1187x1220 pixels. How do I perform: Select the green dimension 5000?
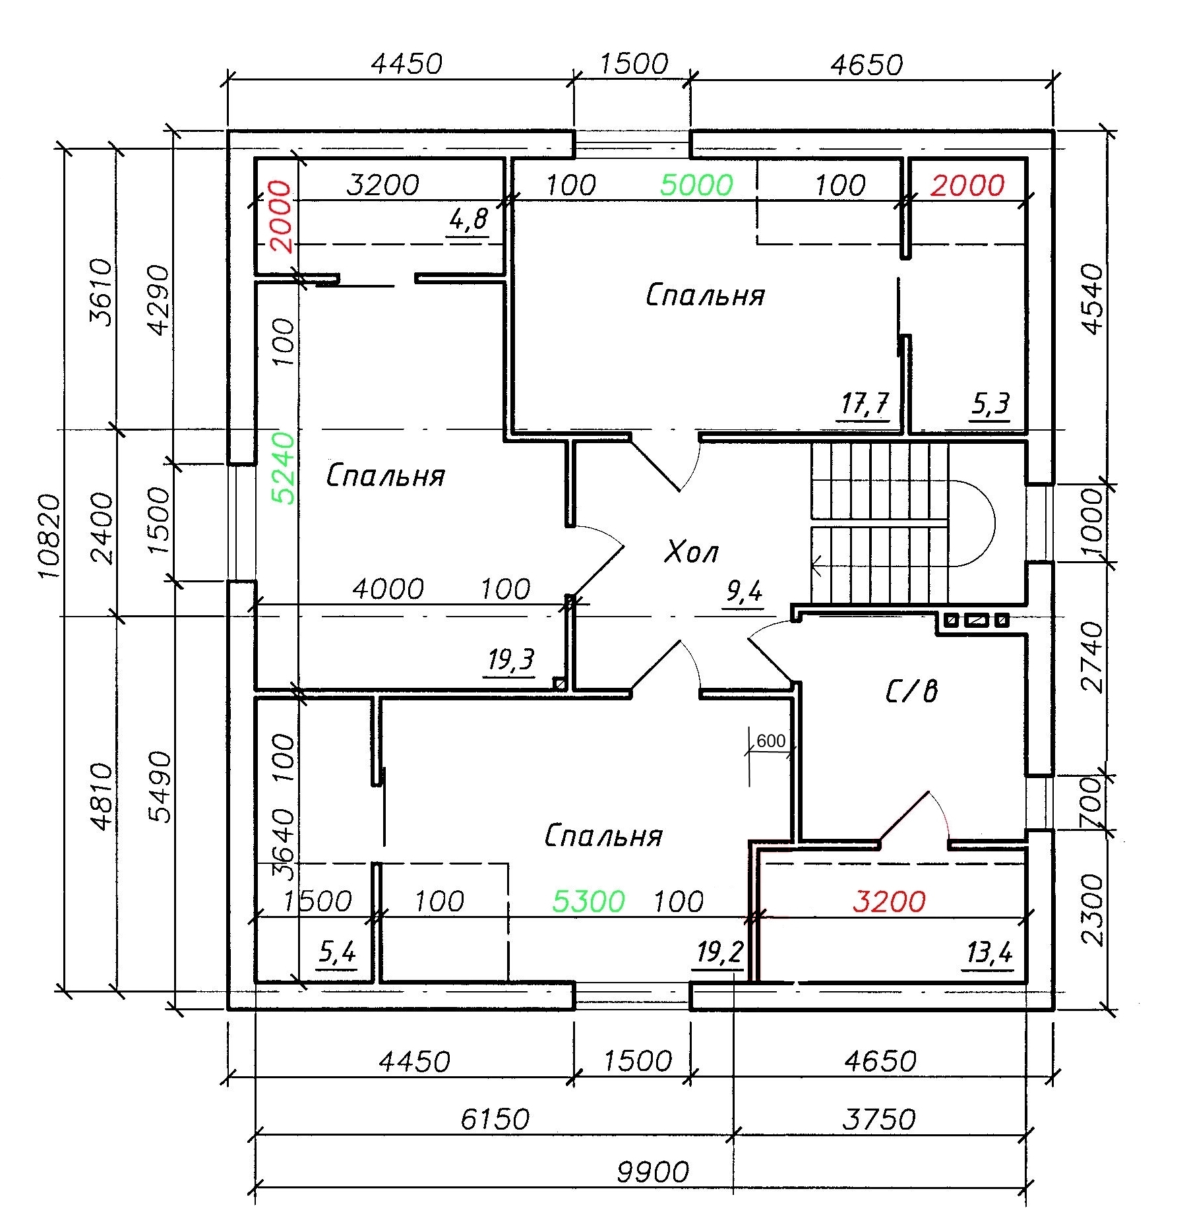696,185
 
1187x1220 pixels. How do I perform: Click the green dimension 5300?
588,901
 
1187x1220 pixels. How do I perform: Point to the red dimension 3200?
889,901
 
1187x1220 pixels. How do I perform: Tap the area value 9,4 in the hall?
744,592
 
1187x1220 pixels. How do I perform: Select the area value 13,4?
989,952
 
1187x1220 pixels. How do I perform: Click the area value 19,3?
512,659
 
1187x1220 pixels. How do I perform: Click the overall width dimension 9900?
653,1172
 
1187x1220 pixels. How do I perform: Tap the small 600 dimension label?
771,741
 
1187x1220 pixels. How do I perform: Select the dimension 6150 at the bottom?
495,1119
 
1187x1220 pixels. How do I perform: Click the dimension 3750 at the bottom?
880,1119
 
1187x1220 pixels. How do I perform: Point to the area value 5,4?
338,952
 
